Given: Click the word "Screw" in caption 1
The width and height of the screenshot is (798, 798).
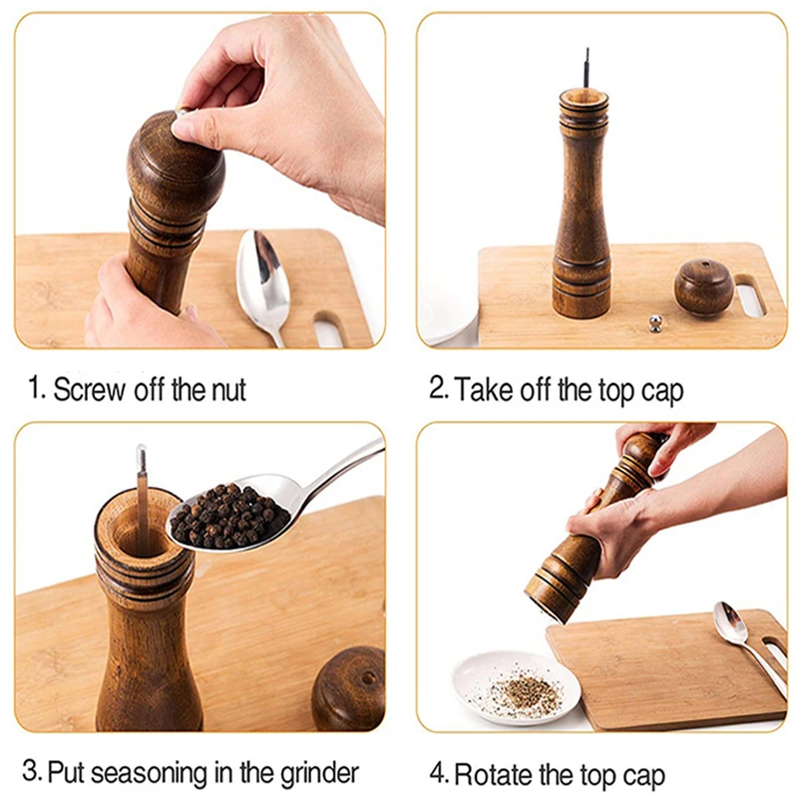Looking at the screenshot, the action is [89, 390].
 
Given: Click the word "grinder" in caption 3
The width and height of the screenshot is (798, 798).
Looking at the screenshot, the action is [319, 774].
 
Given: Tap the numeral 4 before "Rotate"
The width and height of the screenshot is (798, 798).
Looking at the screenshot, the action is [437, 774].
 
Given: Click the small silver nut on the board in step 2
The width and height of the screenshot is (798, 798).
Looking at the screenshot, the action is [655, 323].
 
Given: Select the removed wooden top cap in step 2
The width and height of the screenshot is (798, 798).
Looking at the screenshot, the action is [704, 287].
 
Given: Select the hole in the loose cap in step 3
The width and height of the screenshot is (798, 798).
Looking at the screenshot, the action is [368, 678].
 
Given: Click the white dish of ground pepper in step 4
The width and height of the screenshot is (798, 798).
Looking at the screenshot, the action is [517, 687].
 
